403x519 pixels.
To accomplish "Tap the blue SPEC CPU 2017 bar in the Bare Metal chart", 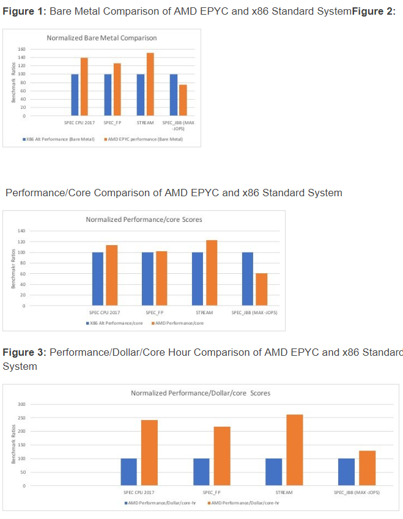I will coord(75,95).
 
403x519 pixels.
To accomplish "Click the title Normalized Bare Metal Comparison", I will coord(102,38).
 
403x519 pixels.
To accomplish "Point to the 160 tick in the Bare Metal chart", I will coord(21,49).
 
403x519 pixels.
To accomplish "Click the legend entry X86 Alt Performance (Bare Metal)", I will coord(59,139).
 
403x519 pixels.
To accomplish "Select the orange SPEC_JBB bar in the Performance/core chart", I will coord(262,289).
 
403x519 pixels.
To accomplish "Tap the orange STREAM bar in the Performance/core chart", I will coord(212,273).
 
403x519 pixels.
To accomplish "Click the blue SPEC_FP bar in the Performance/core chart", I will coord(148,279).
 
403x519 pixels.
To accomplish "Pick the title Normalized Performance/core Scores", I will coord(143,219).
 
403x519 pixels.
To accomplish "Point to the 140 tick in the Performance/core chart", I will coord(21,231).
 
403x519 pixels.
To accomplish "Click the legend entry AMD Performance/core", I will coord(179,323).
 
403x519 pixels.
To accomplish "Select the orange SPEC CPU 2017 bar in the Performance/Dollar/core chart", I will coord(149,453).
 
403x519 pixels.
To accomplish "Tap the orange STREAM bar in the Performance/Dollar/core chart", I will coord(294,450).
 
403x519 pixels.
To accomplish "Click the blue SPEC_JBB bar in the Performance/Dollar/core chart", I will coord(346,472).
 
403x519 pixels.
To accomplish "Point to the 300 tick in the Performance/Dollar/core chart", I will coord(21,404).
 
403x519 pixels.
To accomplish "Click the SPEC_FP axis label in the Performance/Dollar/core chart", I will coord(210,492).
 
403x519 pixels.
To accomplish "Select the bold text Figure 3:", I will coord(24,353).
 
